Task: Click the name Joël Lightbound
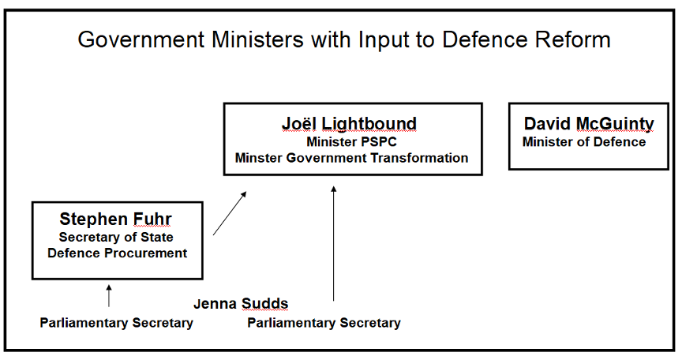click(349, 124)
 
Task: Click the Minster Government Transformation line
click(351, 157)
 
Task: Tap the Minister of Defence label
click(584, 142)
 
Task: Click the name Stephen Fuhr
click(115, 219)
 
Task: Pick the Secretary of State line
click(117, 237)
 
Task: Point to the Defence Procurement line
click(117, 253)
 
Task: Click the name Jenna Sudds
click(241, 303)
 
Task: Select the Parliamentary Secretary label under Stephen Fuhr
click(116, 322)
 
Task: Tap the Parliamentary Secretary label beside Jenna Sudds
click(324, 322)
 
